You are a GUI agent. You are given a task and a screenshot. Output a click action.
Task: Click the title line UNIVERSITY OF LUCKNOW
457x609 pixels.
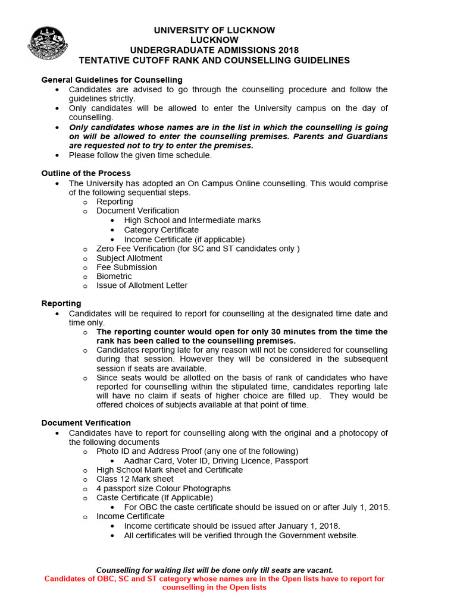point(214,30)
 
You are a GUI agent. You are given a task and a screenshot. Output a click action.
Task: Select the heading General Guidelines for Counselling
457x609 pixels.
point(112,80)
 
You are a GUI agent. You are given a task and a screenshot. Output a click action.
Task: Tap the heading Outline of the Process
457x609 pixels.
point(86,173)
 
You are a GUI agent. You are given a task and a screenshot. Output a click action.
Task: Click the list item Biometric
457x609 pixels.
point(114,276)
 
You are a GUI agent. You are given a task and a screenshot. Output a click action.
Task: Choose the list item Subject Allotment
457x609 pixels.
point(129,258)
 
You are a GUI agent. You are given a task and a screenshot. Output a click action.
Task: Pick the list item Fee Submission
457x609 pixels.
point(127,267)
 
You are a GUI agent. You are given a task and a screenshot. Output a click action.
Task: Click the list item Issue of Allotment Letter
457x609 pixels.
point(142,285)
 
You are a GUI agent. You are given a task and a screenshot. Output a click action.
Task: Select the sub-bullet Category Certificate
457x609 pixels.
point(161,230)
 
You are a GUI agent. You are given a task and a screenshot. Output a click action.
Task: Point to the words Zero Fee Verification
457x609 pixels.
point(136,249)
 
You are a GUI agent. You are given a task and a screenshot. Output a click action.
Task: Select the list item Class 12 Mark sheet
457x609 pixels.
point(135,479)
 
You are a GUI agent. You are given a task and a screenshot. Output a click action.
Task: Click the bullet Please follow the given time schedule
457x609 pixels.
point(140,155)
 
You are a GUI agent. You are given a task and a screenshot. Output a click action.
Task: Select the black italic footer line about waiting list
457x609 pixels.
point(214,570)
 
